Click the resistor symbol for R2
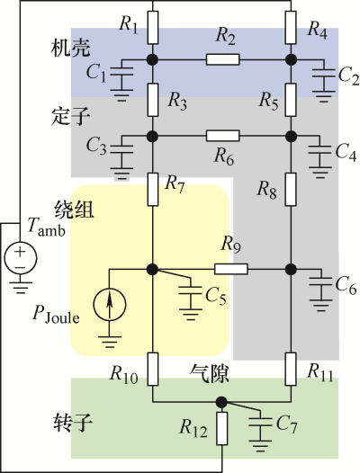coord(223,59)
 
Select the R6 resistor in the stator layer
coord(223,136)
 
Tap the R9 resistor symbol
coord(231,269)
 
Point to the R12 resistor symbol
coord(222,428)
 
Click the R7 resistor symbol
coord(153,190)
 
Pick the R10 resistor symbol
coord(153,369)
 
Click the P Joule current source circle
coord(110,304)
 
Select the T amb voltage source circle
coord(20,258)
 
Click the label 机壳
coord(70,48)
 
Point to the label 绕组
coord(74,210)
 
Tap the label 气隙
coord(209,374)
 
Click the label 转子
coord(73,422)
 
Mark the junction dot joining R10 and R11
coord(222,402)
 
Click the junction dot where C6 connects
coord(291,269)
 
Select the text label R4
coord(317,30)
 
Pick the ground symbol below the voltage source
coord(20,288)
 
